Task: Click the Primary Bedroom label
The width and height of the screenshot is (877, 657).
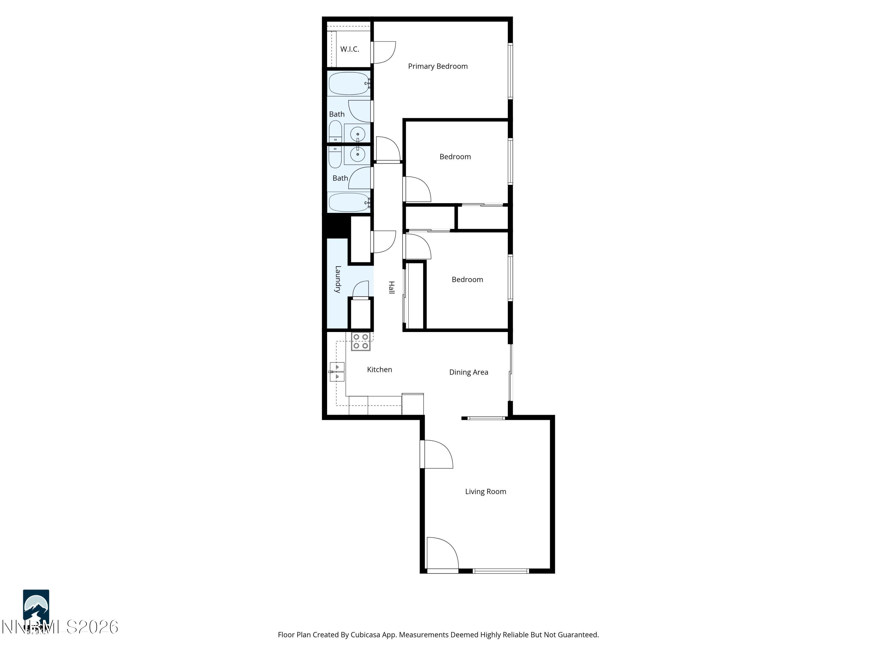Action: tap(438, 66)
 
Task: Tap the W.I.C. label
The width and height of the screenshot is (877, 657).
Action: tap(349, 49)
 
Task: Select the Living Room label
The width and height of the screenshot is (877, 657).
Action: tap(485, 491)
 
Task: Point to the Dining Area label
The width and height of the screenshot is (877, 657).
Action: tap(468, 372)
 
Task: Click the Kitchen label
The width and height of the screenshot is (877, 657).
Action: tap(379, 369)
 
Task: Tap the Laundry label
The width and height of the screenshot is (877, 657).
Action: tap(338, 279)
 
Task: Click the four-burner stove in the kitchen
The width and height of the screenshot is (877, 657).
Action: tap(360, 341)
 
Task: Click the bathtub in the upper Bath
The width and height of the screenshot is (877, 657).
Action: tap(348, 84)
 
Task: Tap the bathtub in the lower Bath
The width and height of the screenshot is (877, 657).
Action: tap(348, 202)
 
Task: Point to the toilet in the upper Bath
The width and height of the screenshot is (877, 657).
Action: tap(335, 131)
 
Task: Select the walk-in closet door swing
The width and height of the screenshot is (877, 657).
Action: tap(384, 52)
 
